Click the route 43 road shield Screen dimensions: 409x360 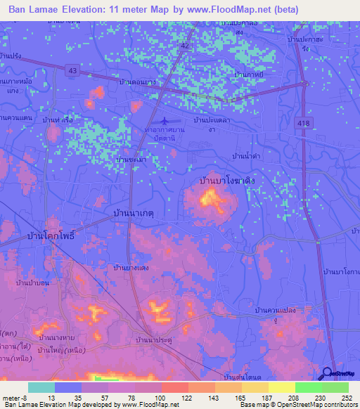(x=73, y=70)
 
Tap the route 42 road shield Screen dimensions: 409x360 (x=184, y=45)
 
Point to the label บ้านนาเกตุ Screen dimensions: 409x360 (x=133, y=211)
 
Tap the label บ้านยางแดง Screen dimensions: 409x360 (x=131, y=267)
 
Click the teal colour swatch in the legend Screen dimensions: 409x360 (x=41, y=387)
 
